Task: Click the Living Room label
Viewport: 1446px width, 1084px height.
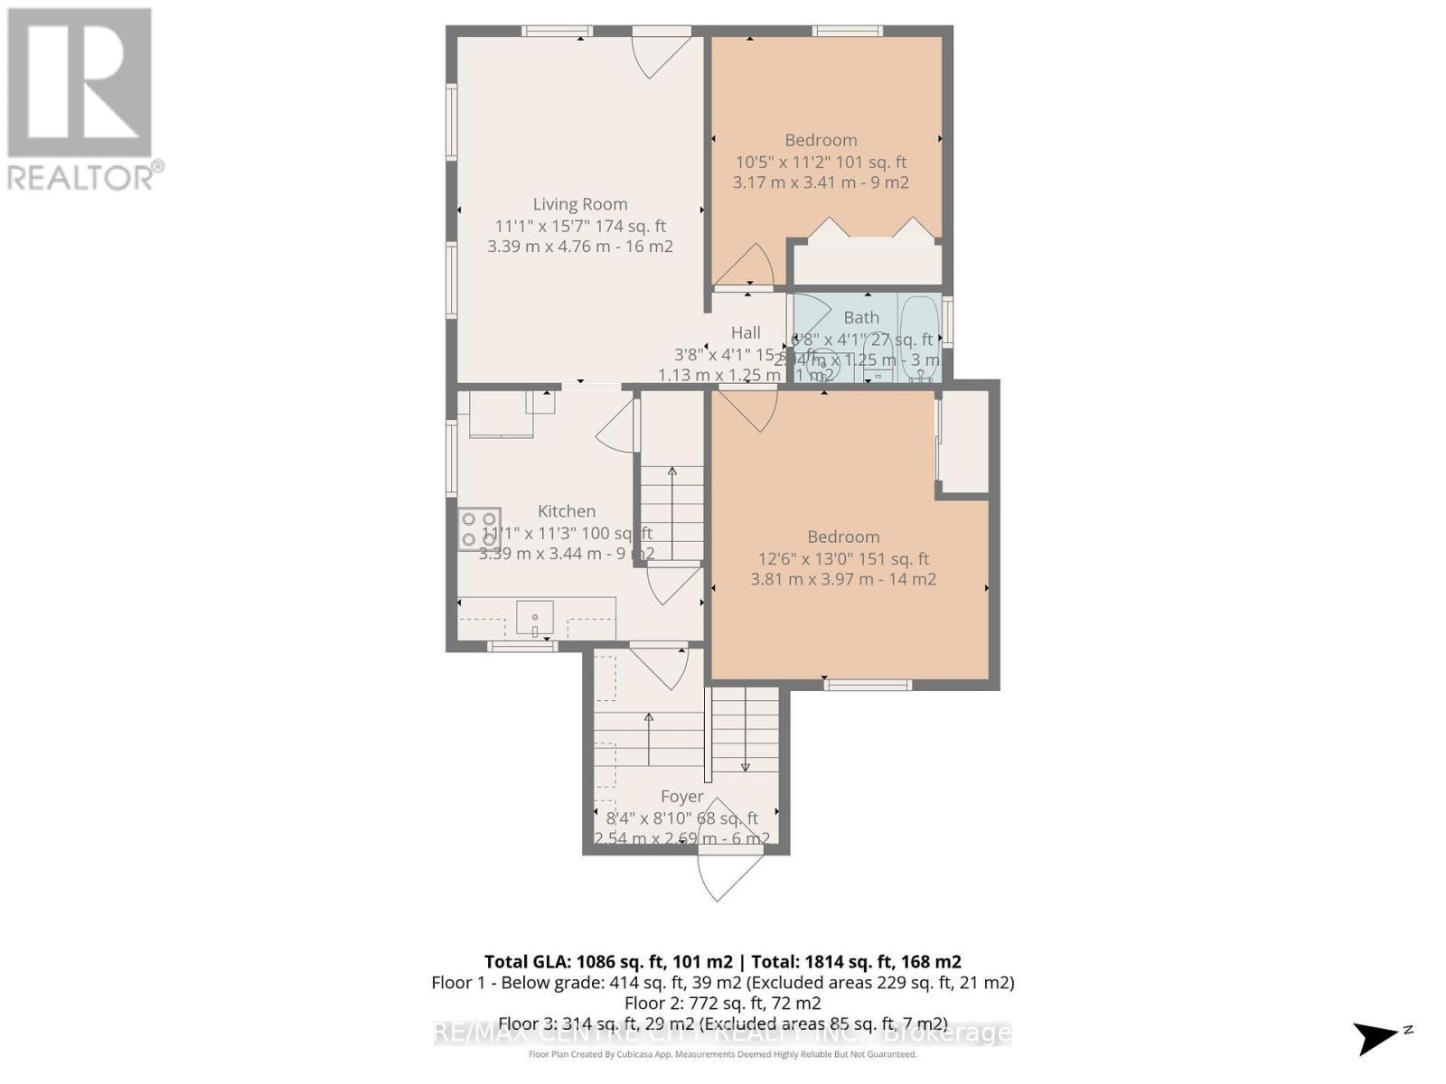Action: [579, 204]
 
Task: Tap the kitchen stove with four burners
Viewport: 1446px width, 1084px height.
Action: [478, 529]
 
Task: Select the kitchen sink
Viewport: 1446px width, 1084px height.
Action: [535, 619]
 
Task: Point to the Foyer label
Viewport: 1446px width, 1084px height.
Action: [681, 796]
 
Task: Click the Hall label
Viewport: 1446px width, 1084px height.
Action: [746, 332]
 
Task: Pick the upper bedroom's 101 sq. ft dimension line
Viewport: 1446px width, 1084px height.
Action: [821, 162]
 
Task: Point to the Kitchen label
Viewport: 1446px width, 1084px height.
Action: [567, 510]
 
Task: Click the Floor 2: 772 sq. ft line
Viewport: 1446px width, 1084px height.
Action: [722, 1003]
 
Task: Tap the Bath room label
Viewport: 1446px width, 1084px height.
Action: [861, 317]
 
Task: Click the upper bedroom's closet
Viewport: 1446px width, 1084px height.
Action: [867, 261]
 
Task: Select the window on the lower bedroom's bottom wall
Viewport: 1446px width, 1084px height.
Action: [867, 685]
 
